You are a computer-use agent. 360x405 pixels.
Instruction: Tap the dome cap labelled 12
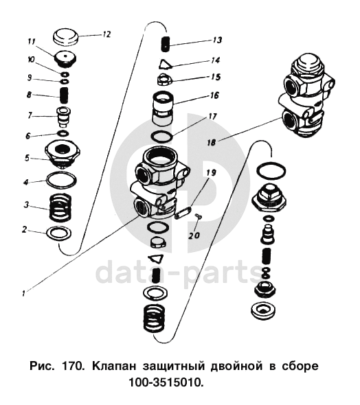tap(66, 37)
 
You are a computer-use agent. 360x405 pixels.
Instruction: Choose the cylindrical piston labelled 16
tap(163, 108)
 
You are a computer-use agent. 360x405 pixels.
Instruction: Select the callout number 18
tap(212, 142)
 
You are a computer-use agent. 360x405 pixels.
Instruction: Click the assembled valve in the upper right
tap(306, 95)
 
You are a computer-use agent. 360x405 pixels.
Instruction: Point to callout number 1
tap(23, 293)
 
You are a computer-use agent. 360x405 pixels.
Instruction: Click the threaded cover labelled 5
tap(62, 154)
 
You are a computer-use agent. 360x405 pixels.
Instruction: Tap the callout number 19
tap(212, 172)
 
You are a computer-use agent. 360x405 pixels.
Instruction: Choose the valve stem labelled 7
tap(64, 117)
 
